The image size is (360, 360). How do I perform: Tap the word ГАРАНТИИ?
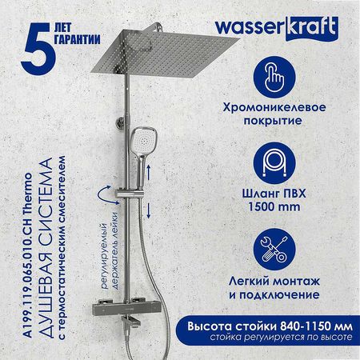pyautogui.click(x=78, y=39)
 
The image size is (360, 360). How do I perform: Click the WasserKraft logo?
pyautogui.click(x=277, y=28)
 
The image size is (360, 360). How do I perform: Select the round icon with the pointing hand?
pyautogui.click(x=274, y=77)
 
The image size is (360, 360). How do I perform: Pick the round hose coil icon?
pyautogui.click(x=274, y=163)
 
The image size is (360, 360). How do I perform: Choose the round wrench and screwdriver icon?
pyautogui.click(x=274, y=250)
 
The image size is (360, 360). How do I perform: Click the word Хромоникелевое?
pyautogui.click(x=274, y=107)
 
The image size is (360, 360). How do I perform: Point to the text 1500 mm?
pyautogui.click(x=274, y=207)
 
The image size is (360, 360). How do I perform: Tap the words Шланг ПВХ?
pyautogui.click(x=274, y=194)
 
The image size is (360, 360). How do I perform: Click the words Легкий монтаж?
pyautogui.click(x=274, y=282)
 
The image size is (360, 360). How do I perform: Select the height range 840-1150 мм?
pyautogui.click(x=316, y=326)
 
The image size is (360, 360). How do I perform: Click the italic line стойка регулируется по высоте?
pyautogui.click(x=281, y=337)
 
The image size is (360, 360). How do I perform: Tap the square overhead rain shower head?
pyautogui.click(x=164, y=54)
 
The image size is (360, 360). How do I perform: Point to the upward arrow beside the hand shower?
pyautogui.click(x=149, y=172)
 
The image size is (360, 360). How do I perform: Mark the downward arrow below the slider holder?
pyautogui.click(x=149, y=210)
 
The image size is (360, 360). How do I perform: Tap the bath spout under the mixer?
pyautogui.click(x=131, y=321)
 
